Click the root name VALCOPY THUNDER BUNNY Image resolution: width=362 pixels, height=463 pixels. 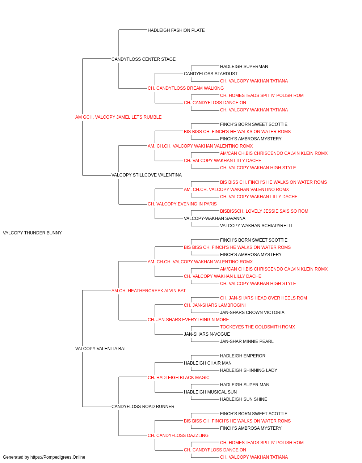coord(32,233)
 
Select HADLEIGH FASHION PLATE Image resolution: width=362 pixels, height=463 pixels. coord(176,30)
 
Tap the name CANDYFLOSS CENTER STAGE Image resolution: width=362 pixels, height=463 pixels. coord(143,59)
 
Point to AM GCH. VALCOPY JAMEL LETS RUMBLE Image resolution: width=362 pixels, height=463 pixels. coord(118,117)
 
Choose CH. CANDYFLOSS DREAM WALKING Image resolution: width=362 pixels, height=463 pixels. coord(186,88)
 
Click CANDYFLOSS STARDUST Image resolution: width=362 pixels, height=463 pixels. coord(211,74)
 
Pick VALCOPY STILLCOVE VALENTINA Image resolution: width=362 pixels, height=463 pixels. coord(147,175)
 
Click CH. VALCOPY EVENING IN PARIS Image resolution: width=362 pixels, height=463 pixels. coord(182,204)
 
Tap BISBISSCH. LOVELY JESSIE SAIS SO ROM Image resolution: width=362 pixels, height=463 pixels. coord(264,211)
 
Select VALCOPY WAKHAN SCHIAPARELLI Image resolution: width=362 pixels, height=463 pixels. coord(256,226)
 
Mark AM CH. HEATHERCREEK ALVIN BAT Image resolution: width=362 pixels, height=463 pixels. coord(148,291)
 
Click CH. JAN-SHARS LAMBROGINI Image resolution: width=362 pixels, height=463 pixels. coord(215,305)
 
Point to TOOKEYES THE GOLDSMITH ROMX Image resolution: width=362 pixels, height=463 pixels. coord(257,327)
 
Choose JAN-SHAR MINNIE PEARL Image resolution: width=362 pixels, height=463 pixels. coord(247,341)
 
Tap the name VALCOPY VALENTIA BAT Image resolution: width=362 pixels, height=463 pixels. coord(101,349)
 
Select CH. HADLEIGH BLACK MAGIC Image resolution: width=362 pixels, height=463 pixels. coord(178,378)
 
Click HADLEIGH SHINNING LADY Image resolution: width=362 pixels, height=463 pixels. coord(249,370)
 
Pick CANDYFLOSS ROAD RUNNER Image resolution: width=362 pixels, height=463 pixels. coord(143,407)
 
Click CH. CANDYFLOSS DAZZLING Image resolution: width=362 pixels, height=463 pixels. coord(178,436)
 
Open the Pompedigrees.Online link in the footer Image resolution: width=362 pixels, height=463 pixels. coord(58,457)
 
